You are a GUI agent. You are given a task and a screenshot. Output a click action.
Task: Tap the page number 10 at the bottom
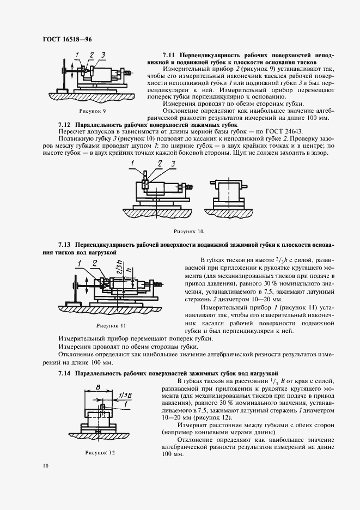45,466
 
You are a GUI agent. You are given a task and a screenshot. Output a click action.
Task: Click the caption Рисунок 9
93,111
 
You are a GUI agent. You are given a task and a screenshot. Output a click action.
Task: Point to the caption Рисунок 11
111,325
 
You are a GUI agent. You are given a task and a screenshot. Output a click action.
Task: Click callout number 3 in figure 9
102,55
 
